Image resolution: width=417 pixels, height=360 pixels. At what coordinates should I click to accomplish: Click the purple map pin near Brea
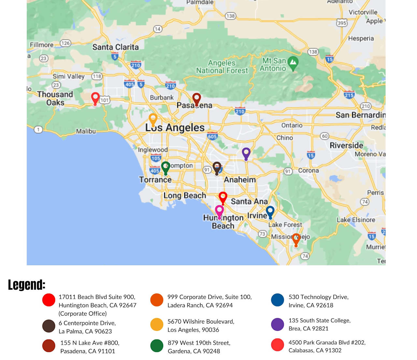tap(246, 153)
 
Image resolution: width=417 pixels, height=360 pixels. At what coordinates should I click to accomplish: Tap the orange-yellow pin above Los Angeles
tap(153, 119)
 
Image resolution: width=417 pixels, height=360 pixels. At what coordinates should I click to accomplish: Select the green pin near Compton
tap(166, 167)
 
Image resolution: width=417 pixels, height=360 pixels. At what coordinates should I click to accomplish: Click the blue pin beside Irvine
tap(270, 212)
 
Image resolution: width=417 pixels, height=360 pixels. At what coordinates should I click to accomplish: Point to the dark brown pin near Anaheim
tap(217, 168)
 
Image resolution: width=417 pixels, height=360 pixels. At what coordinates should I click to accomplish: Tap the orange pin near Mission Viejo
tap(296, 239)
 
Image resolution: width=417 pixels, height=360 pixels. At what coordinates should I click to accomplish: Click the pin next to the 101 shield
tap(95, 98)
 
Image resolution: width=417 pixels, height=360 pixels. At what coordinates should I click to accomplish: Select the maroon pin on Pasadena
tap(196, 99)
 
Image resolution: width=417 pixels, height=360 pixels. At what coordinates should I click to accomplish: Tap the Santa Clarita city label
tap(115, 47)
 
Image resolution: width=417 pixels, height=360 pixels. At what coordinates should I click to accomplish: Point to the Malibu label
tap(86, 131)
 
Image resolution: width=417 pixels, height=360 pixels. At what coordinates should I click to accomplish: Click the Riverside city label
tap(346, 145)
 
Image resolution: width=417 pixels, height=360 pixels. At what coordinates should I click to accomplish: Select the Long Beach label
tap(185, 195)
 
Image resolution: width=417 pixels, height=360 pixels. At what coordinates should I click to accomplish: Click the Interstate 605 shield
tap(212, 136)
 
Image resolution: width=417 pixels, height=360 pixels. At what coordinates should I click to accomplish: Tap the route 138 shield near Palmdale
tap(230, 16)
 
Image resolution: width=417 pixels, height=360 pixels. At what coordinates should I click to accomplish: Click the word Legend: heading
tap(27, 284)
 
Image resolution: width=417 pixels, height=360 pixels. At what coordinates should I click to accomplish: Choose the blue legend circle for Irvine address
tap(278, 300)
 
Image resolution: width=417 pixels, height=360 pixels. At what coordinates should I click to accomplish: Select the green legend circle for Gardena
tap(157, 346)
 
